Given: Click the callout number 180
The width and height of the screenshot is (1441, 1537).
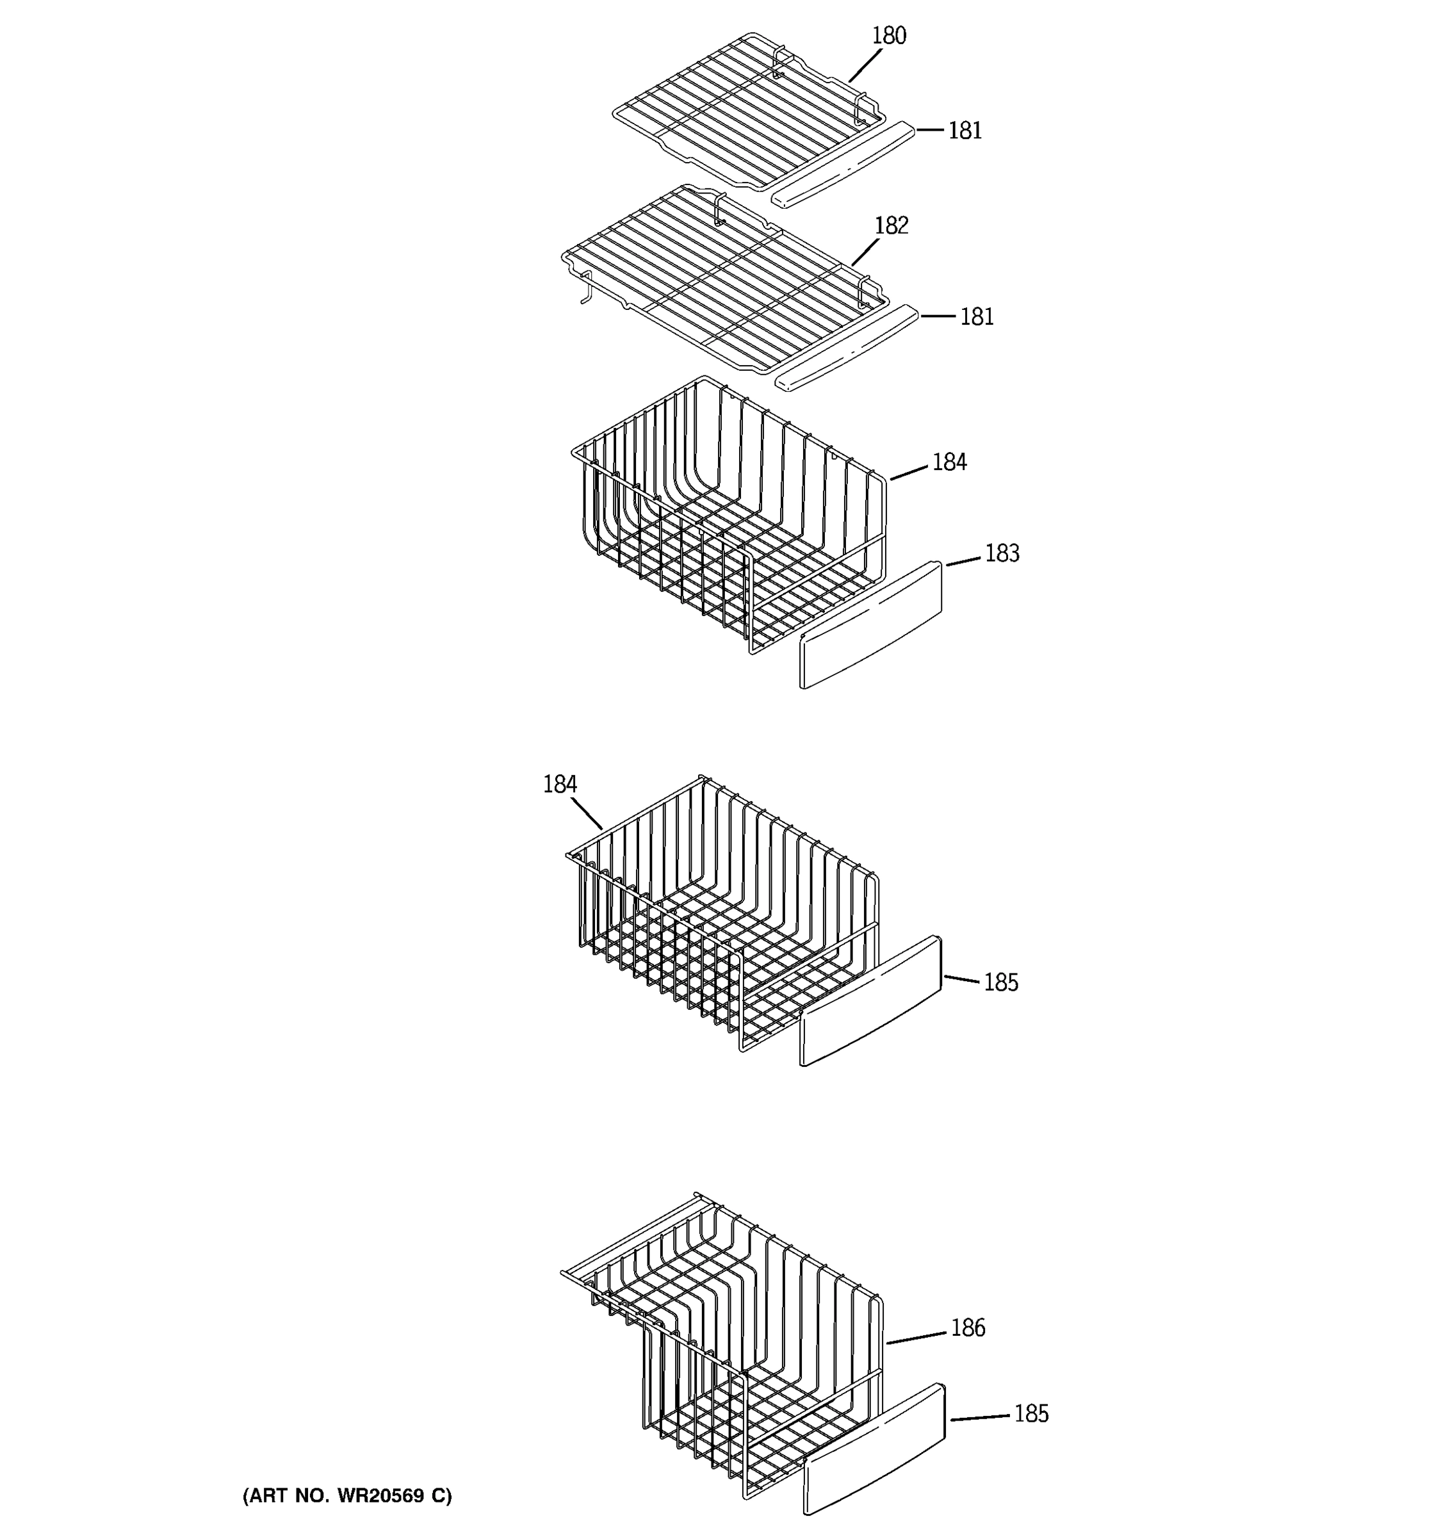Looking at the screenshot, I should (888, 36).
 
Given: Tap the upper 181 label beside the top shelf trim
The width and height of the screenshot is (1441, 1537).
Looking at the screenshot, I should (965, 131).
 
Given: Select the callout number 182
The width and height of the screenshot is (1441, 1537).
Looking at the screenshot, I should (891, 226).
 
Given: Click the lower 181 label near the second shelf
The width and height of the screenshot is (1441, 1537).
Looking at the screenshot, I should (977, 317).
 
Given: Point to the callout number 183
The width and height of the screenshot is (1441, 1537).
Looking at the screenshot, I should (1002, 553).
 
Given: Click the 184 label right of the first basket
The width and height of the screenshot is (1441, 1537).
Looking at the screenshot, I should (949, 462).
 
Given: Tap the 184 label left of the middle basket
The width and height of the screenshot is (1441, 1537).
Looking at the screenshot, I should (560, 785).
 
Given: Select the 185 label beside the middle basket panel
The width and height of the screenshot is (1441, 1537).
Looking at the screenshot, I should (1000, 982).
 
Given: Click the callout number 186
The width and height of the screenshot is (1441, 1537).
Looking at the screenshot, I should (967, 1328).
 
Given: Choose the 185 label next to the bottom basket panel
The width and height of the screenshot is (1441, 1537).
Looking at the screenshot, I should (1030, 1414).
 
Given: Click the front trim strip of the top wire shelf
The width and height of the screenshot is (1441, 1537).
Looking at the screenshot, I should (843, 164).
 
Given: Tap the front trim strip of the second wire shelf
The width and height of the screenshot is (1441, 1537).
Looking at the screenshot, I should (847, 348).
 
